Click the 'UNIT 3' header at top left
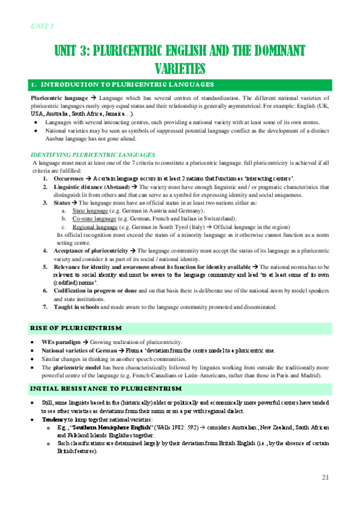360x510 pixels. pyautogui.click(x=42, y=25)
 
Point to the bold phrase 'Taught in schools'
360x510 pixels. pyautogui.click(x=76, y=307)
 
